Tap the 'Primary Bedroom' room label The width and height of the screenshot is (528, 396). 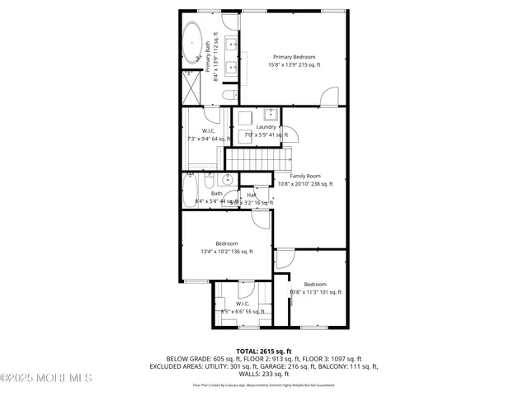[x=294, y=57]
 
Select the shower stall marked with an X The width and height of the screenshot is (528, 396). [x=192, y=87]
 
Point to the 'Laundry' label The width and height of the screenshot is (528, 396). [x=266, y=126]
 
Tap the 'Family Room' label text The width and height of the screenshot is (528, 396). [x=305, y=176]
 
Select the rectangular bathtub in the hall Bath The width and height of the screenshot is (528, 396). [x=190, y=191]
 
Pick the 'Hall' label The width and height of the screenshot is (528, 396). [x=252, y=195]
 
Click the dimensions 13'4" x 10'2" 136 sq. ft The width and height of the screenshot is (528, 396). [x=227, y=252]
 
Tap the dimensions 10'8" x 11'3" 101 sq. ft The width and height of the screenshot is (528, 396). [x=314, y=292]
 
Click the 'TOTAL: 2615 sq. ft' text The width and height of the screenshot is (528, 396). [x=264, y=351]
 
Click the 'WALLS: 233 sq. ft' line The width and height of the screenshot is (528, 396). [x=264, y=374]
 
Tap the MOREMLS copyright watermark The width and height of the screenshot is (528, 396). [x=47, y=378]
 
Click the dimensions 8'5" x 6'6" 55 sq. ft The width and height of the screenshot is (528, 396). [x=243, y=311]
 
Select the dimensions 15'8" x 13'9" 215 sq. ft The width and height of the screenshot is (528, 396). [x=294, y=64]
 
